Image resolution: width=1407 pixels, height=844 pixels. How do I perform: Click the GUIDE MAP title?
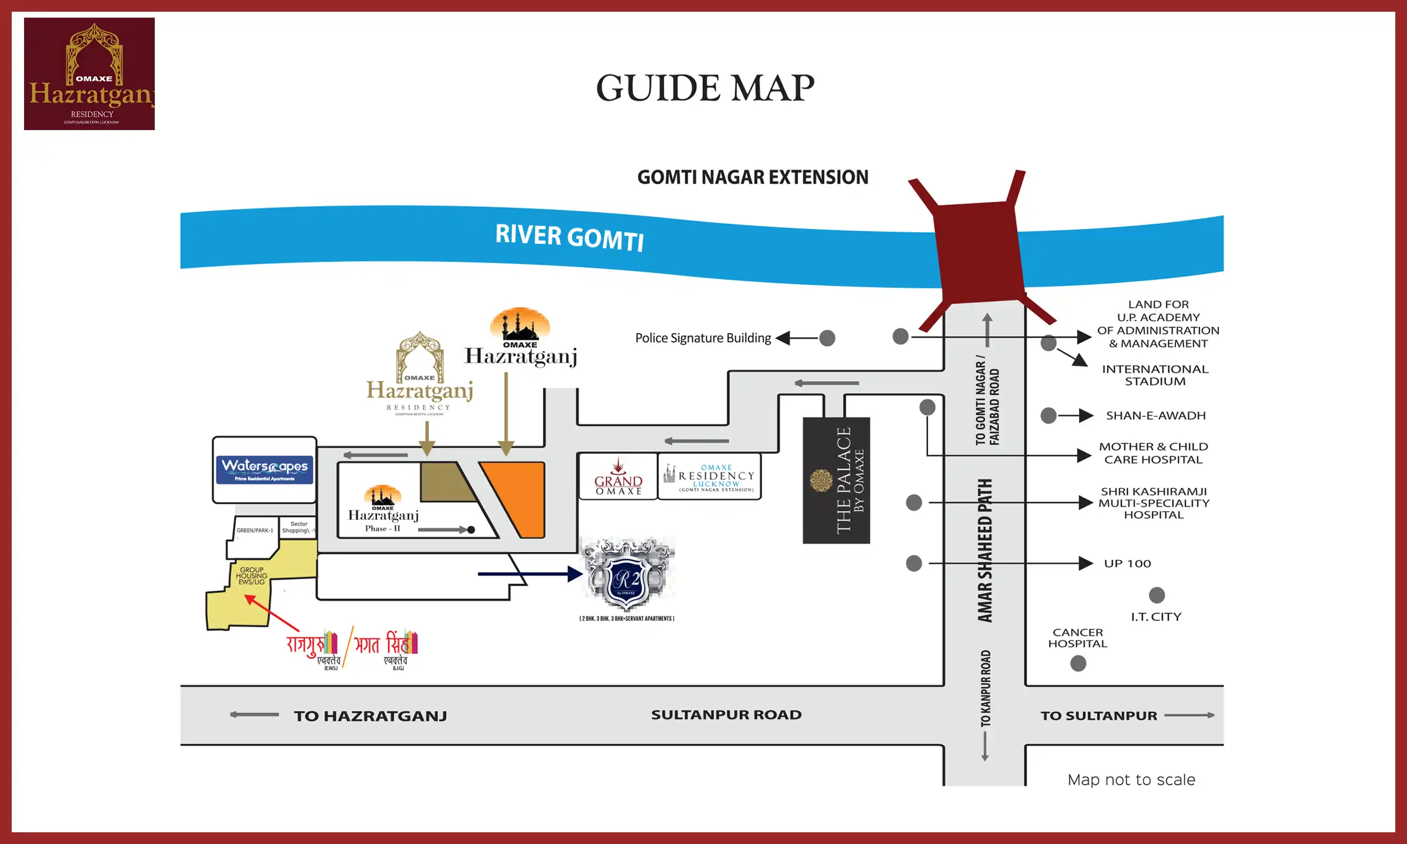pyautogui.click(x=705, y=89)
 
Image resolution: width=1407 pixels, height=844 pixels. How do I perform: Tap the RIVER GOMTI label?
pyautogui.click(x=569, y=237)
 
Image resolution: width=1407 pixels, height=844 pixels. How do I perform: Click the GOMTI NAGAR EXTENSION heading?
pyautogui.click(x=753, y=177)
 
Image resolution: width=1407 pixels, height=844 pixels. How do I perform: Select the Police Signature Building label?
pyautogui.click(x=703, y=338)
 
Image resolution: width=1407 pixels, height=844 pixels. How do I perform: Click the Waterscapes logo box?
pyautogui.click(x=264, y=469)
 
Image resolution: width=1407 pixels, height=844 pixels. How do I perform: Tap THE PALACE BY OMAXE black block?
pyautogui.click(x=837, y=480)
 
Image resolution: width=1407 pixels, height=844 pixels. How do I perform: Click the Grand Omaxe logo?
pyautogui.click(x=618, y=477)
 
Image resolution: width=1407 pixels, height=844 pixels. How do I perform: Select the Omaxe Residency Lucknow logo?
pyautogui.click(x=710, y=477)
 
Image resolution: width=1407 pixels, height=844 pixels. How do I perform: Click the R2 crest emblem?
pyautogui.click(x=627, y=576)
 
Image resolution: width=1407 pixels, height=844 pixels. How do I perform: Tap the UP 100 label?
pyautogui.click(x=1127, y=563)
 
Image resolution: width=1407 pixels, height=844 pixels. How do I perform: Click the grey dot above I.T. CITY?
pyautogui.click(x=1157, y=595)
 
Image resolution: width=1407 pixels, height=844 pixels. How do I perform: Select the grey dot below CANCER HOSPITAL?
pyautogui.click(x=1078, y=663)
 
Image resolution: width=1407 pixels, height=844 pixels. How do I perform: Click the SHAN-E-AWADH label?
pyautogui.click(x=1155, y=416)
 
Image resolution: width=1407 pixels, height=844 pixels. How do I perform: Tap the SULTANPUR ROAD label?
pyautogui.click(x=726, y=715)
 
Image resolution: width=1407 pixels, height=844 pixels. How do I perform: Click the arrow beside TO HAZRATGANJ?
pyautogui.click(x=254, y=714)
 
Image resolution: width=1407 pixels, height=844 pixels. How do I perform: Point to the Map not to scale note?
pyautogui.click(x=1131, y=780)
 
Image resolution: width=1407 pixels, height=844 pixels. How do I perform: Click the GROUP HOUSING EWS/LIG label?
pyautogui.click(x=252, y=576)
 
